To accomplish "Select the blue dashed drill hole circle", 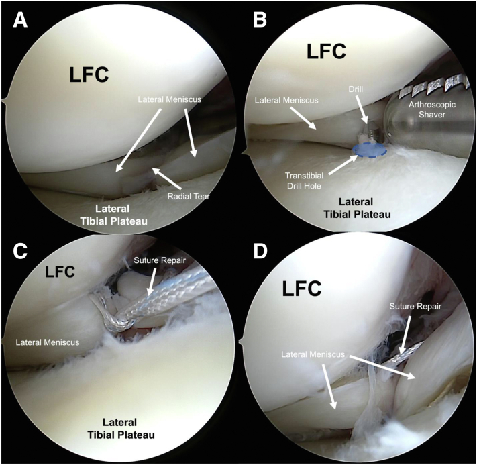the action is coord(366,150).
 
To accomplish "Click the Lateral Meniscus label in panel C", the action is coord(47,342).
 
